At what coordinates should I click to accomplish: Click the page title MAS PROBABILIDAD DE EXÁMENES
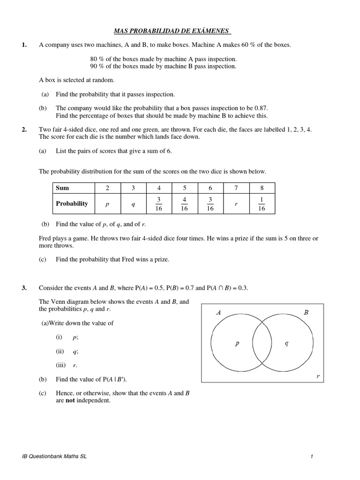[x=172, y=31]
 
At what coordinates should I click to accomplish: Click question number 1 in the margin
[x=24, y=45]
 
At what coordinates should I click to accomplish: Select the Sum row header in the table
[x=62, y=188]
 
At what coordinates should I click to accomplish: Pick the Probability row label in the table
[x=72, y=203]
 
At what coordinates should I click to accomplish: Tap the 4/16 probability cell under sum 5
[x=184, y=204]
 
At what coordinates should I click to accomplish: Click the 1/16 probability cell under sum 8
[x=262, y=204]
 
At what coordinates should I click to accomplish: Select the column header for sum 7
[x=236, y=188]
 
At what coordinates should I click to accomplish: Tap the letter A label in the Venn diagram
[x=218, y=312]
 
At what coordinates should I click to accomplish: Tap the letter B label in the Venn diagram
[x=306, y=312]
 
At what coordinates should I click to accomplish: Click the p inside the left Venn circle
[x=237, y=343]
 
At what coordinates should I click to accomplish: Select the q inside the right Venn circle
[x=287, y=343]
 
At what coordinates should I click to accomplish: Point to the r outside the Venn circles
[x=318, y=376]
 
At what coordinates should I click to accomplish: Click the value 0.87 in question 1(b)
[x=260, y=107]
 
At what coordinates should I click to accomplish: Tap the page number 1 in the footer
[x=311, y=457]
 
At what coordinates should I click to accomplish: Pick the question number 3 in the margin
[x=24, y=288]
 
